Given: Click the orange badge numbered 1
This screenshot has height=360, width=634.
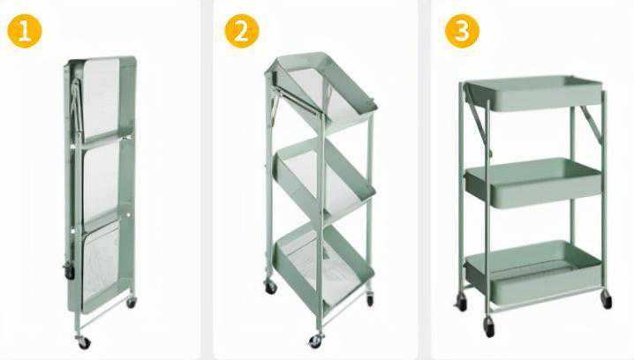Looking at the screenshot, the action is pos(25,31).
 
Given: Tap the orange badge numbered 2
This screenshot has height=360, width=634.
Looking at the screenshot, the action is pos(242,31).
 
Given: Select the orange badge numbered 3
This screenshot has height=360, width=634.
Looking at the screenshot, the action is pos(462,31).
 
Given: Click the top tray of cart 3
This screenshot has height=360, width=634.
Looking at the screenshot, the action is pos(533,94).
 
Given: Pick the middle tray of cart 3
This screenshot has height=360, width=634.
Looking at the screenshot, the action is pos(533,183).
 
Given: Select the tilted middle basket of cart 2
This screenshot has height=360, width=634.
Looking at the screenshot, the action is pos(323,177).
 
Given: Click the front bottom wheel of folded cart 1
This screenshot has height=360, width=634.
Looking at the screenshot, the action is pos(84,341).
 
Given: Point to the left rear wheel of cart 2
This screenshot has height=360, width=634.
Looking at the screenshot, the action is pos(270,287).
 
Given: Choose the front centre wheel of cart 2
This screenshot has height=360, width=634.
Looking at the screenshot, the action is pos(315,341).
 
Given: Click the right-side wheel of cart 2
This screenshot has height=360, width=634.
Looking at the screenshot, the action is pos(370,299).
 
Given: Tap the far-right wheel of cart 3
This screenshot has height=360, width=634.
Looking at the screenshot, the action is pos(606,299).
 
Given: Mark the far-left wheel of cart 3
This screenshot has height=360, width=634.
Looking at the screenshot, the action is pos(461,302).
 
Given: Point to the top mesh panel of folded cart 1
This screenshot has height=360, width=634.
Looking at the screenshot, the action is pos(101,98).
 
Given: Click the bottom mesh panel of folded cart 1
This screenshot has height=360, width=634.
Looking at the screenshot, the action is pos(101,267).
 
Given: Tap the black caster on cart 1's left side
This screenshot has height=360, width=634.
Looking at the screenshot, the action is pos(69,272).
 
